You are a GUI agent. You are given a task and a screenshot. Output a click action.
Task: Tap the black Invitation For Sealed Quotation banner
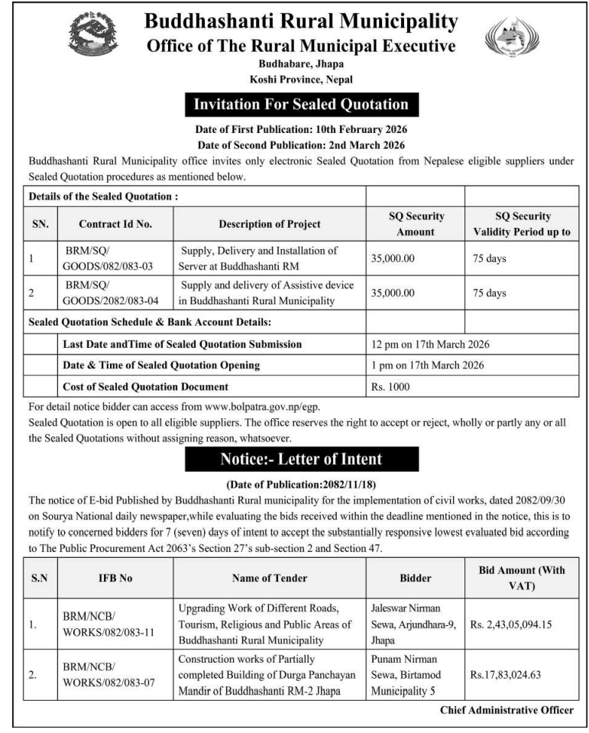click(x=301, y=105)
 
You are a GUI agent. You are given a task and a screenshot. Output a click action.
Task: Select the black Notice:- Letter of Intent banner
click(x=301, y=460)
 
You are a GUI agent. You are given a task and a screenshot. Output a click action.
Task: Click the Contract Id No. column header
click(x=115, y=224)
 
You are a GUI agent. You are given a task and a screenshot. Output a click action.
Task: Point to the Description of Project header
click(x=270, y=224)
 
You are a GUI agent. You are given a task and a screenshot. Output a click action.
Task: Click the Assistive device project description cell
click(x=267, y=293)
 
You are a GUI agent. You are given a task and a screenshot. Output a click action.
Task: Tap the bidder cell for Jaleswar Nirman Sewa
click(x=413, y=624)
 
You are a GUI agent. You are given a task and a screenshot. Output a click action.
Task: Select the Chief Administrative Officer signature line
click(x=506, y=710)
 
